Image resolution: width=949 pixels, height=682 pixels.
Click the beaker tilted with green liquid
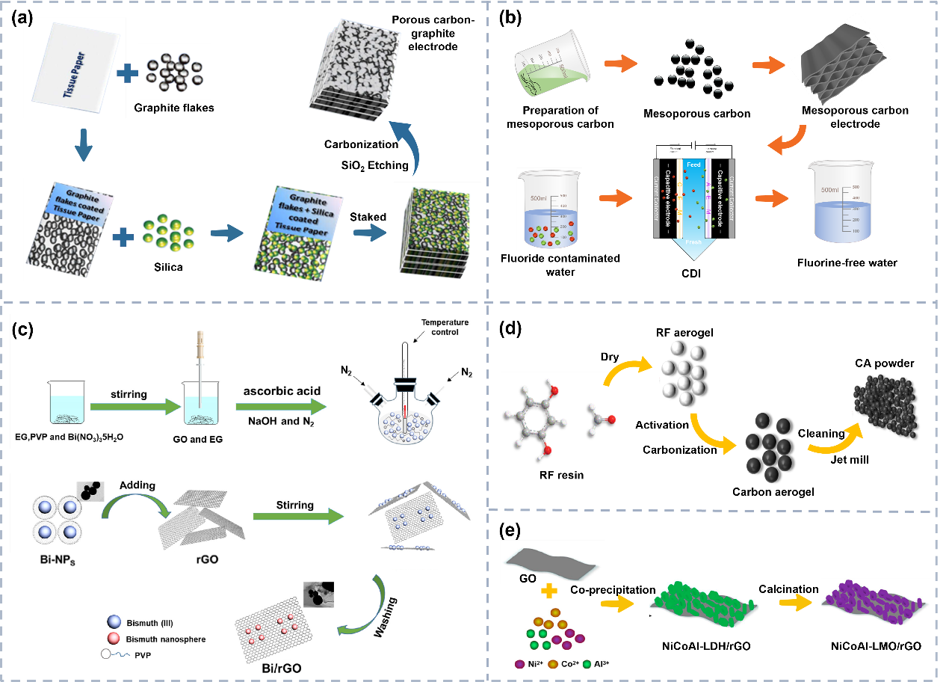click(551, 64)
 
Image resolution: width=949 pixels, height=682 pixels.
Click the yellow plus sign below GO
click(549, 592)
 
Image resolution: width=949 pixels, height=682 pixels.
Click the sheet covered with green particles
click(702, 601)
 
